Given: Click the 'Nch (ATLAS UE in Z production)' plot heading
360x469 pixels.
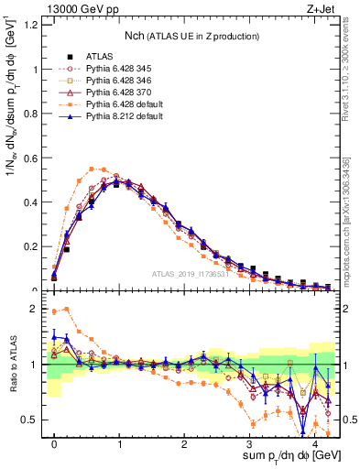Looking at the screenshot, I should pyautogui.click(x=191, y=36).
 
